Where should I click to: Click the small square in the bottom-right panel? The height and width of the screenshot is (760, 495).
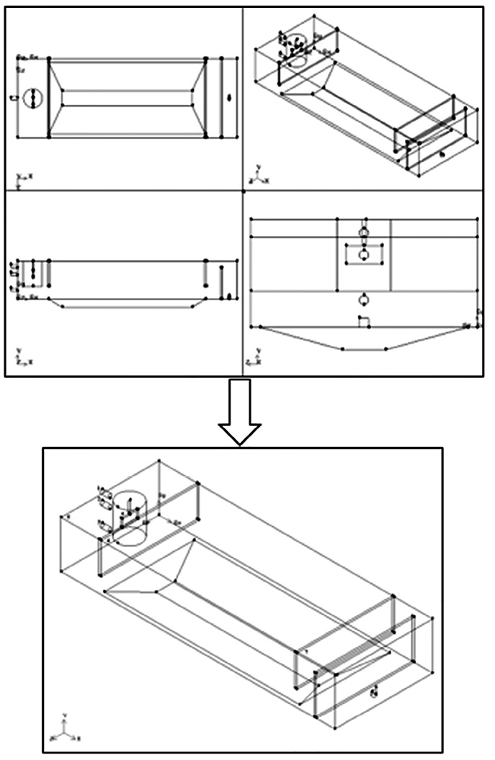[365, 322]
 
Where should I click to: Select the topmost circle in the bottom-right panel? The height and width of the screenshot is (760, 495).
[364, 232]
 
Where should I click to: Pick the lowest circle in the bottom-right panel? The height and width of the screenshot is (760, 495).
[365, 298]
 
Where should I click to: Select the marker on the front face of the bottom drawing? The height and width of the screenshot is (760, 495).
[373, 692]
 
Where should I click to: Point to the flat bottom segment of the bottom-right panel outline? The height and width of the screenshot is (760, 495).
[365, 349]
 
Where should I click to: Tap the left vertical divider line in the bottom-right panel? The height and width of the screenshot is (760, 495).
[337, 255]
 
